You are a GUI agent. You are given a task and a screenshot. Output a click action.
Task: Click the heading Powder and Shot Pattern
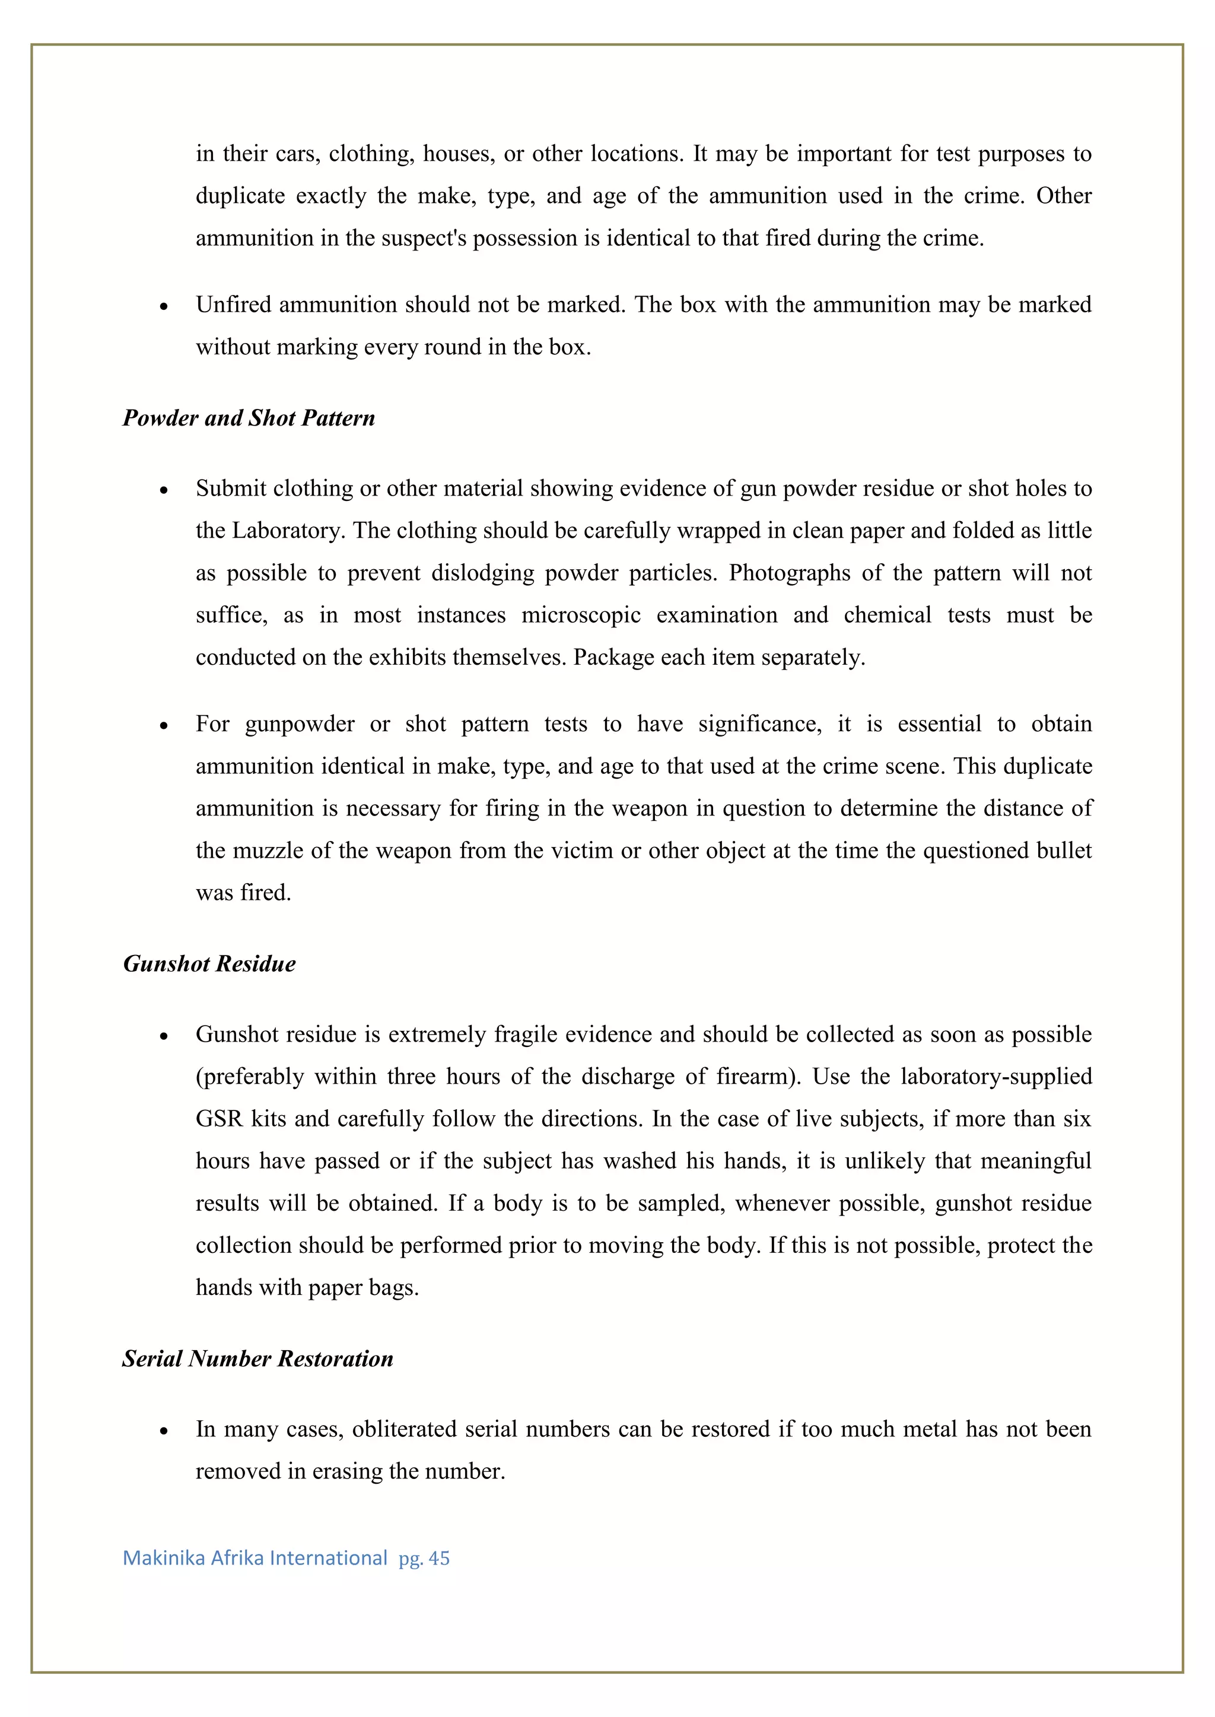[x=249, y=418]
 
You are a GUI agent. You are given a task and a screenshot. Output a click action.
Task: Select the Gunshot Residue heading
[x=209, y=963]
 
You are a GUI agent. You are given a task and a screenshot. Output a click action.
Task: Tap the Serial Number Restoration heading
[x=257, y=1359]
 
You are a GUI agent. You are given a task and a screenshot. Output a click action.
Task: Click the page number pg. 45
[x=424, y=1559]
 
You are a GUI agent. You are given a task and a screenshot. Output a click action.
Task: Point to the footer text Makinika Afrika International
[x=255, y=1559]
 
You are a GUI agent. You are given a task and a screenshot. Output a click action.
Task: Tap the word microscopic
[x=581, y=615]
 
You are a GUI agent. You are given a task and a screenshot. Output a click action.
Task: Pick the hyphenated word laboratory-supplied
[x=996, y=1076]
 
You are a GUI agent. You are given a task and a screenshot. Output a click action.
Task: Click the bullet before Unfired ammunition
[x=164, y=306]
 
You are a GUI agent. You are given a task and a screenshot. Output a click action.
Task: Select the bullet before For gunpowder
[x=164, y=725]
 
